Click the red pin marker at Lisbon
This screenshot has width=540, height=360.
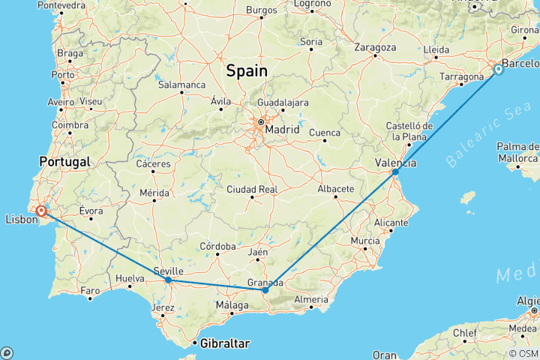41,212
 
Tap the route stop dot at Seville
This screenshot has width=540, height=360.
168,280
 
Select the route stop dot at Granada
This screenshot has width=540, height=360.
265,289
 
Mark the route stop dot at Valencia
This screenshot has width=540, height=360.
395,172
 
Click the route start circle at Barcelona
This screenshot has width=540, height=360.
498,70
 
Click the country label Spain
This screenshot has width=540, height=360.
247,71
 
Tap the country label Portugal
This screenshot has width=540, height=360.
66,161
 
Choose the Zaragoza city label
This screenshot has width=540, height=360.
375,46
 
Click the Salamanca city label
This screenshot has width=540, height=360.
181,85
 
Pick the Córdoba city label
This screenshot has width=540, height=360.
218,246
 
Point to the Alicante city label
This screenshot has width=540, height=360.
393,223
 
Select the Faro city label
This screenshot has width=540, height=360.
90,289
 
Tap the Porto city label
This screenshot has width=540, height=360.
63,75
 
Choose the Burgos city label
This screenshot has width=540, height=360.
262,10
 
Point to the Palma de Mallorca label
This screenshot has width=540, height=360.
518,151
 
